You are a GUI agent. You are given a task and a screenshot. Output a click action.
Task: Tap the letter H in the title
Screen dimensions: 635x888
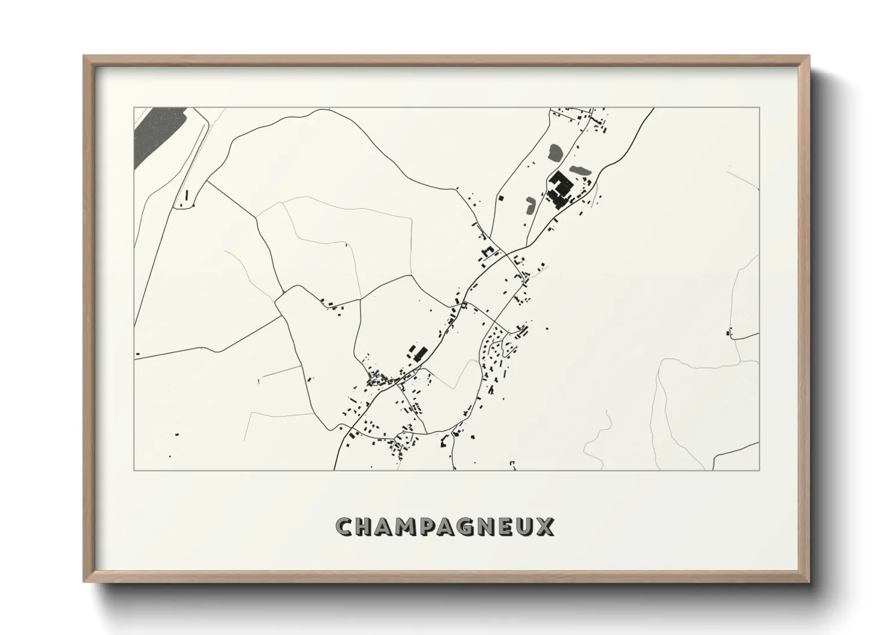coord(367,527)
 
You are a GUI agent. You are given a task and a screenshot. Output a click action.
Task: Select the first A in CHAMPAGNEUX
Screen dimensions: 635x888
coord(388,527)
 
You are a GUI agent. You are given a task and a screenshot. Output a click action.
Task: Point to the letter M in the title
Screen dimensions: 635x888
coord(412,527)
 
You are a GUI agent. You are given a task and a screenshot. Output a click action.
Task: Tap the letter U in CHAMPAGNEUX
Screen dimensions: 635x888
coord(533,527)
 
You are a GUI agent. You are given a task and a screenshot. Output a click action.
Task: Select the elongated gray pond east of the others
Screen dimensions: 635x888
coord(580,170)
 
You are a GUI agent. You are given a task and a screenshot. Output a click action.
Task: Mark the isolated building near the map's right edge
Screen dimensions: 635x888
coord(729,332)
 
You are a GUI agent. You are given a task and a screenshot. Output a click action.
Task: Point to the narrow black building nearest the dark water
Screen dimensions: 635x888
coord(186,195)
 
